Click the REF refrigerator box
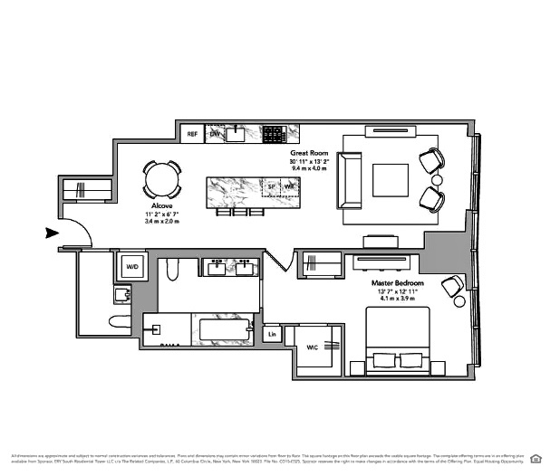[191, 134]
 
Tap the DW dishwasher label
[216, 134]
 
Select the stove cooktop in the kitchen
[273, 134]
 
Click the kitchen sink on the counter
[237, 134]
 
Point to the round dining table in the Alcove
[162, 178]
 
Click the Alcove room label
[163, 207]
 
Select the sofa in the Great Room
[350, 180]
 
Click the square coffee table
[391, 180]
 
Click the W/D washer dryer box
[132, 267]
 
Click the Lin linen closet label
[272, 335]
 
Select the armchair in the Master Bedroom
[452, 288]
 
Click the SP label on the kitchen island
[271, 187]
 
